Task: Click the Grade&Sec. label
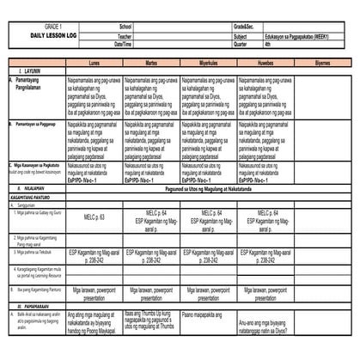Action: [x=245, y=27]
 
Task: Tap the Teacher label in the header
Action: [x=126, y=37]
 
